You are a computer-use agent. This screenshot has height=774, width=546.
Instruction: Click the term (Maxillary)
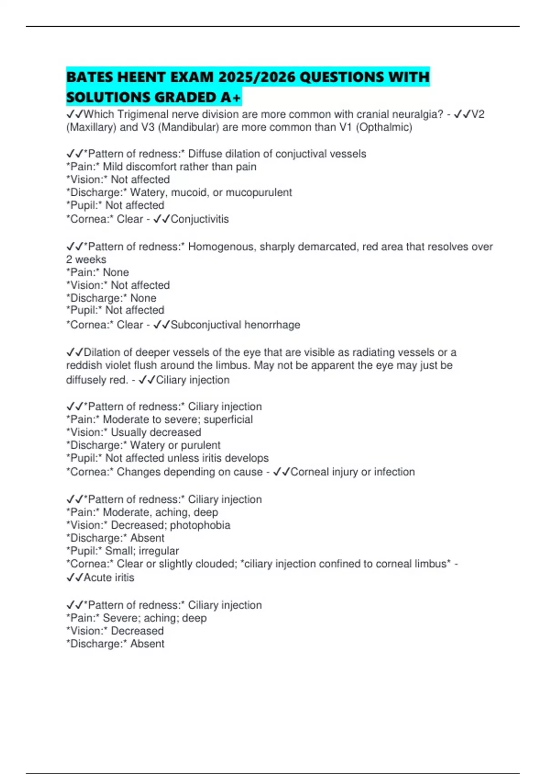[91, 127]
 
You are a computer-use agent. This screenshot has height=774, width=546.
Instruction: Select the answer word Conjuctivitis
[200, 219]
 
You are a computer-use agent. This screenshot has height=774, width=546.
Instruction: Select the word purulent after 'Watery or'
[200, 445]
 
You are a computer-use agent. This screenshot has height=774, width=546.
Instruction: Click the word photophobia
[200, 525]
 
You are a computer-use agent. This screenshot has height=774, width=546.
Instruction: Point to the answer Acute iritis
[109, 577]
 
